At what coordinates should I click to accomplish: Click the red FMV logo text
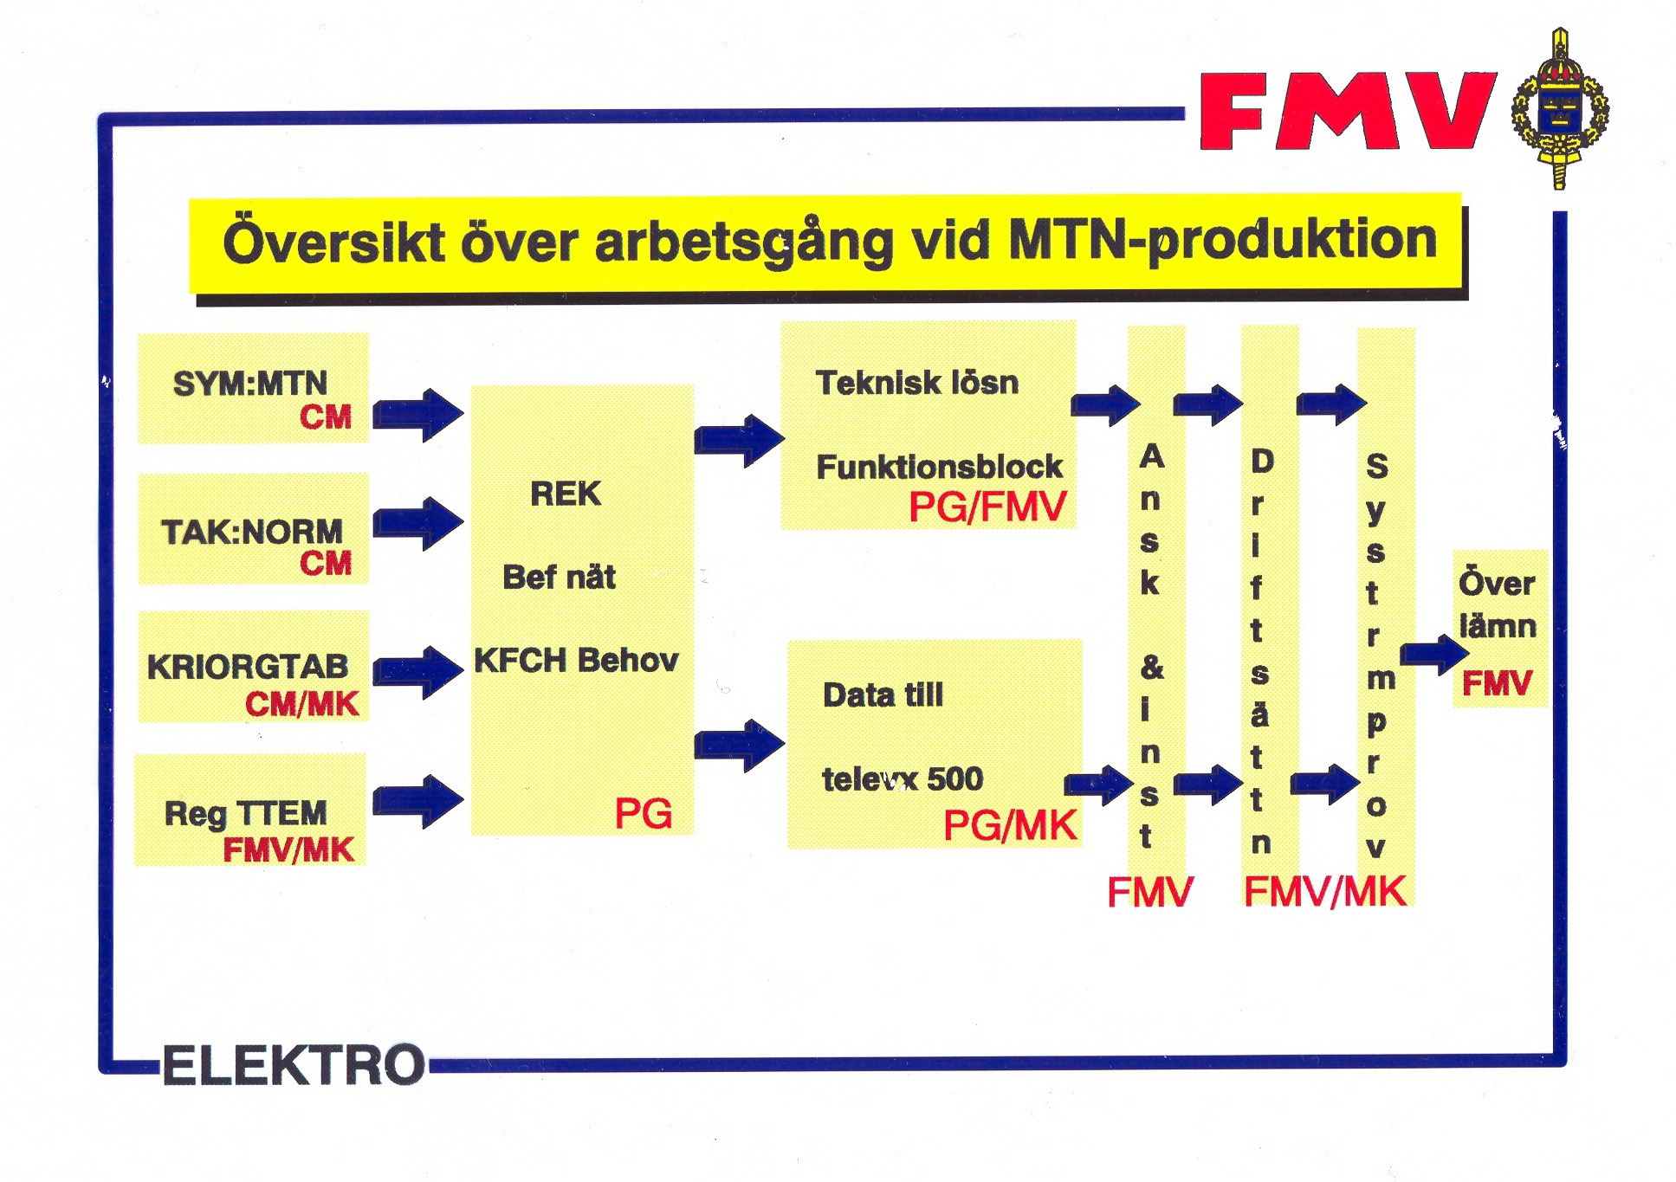click(1348, 111)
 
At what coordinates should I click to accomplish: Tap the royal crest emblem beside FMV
click(1560, 109)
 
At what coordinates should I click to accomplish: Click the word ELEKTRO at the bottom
click(294, 1065)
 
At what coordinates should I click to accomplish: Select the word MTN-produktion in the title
click(1222, 240)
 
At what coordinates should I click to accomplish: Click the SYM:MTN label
click(249, 383)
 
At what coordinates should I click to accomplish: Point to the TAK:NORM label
click(251, 531)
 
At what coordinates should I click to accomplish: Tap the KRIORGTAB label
click(248, 667)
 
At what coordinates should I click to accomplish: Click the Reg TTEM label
click(245, 813)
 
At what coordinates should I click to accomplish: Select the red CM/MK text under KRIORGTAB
click(301, 704)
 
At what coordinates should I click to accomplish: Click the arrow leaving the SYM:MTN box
click(418, 415)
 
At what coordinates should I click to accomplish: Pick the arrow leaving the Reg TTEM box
click(418, 801)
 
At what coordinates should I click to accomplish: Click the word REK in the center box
click(565, 494)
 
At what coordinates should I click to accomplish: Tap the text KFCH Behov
click(576, 660)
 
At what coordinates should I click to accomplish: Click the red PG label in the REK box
click(643, 814)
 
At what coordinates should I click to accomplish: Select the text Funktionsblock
click(939, 467)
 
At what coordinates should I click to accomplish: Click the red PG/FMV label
click(987, 507)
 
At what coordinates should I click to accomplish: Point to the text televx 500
click(903, 779)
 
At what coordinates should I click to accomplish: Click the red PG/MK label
click(1010, 825)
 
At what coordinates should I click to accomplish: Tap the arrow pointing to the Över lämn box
click(1435, 655)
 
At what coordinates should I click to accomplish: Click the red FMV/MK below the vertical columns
click(1324, 891)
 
